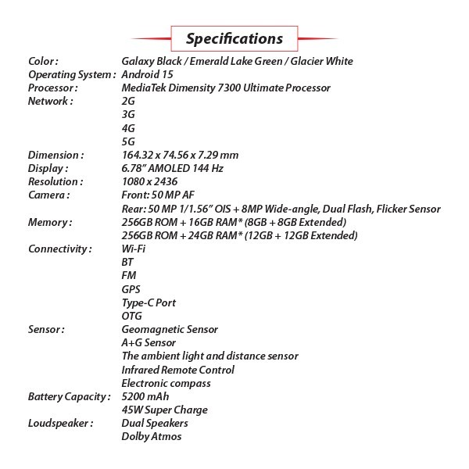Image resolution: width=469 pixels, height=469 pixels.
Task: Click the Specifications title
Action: coord(234,38)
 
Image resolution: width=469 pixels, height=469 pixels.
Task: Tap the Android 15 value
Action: coord(148,74)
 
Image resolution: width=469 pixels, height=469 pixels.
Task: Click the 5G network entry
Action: coord(129,141)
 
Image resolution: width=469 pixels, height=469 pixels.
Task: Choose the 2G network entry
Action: coord(129,102)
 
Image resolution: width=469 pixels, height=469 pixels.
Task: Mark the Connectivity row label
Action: coord(60,249)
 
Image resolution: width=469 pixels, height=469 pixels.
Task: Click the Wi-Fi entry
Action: coord(134,249)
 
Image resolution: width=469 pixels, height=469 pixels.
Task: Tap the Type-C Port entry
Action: coord(149,303)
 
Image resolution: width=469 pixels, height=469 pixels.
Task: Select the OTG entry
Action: coord(132,316)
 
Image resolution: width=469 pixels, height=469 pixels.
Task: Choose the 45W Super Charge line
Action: coord(164,410)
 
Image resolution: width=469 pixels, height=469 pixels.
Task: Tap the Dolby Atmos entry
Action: coord(152,436)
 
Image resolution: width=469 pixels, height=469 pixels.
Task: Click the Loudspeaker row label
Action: coord(60,423)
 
